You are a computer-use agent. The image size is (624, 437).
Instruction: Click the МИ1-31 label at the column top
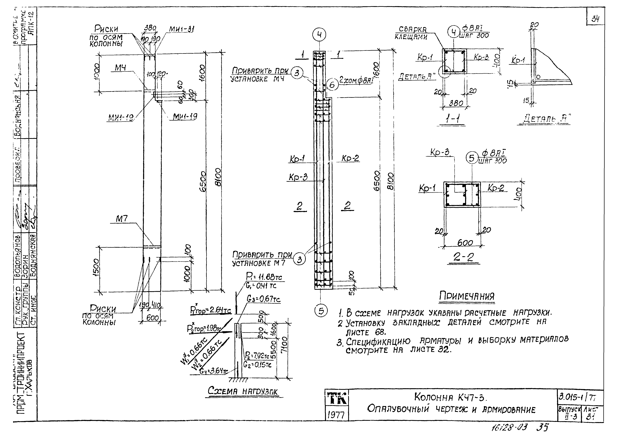click(181, 29)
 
